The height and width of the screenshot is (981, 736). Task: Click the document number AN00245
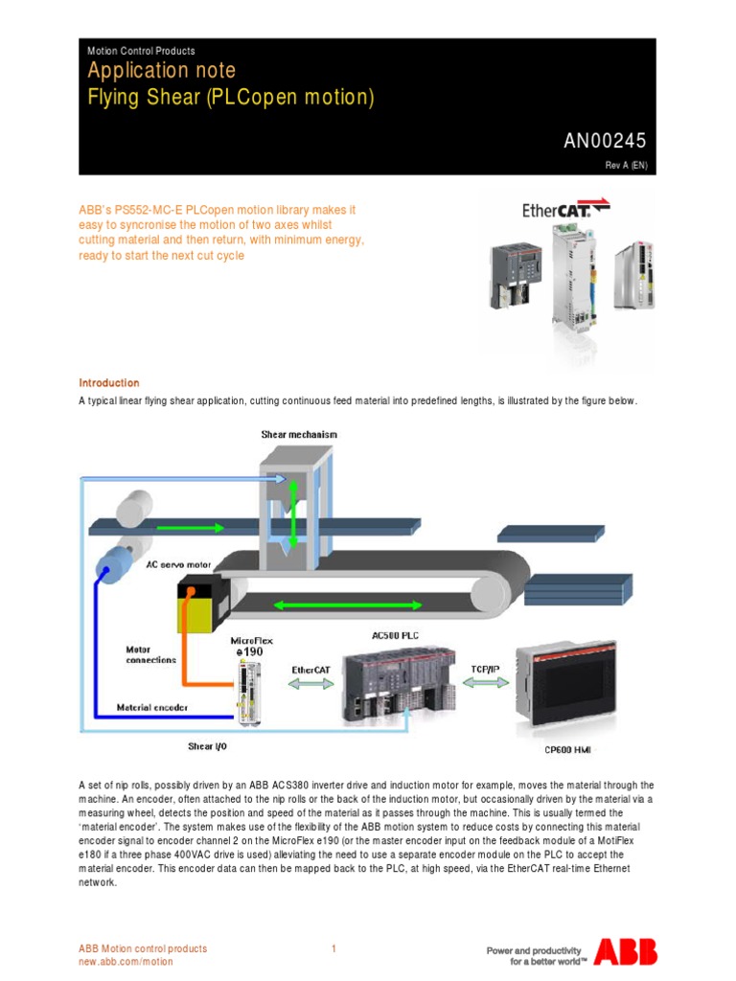(604, 141)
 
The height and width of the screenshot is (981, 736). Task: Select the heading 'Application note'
(161, 71)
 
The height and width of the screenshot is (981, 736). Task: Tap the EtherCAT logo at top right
(565, 209)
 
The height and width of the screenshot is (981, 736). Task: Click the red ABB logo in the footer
(625, 950)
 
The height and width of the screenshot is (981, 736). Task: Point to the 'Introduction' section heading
(108, 383)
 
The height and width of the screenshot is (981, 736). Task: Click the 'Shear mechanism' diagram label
(299, 434)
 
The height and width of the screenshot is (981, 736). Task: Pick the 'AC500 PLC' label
(394, 635)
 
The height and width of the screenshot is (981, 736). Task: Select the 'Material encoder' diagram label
(152, 708)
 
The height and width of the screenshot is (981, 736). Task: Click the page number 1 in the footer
(333, 948)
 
